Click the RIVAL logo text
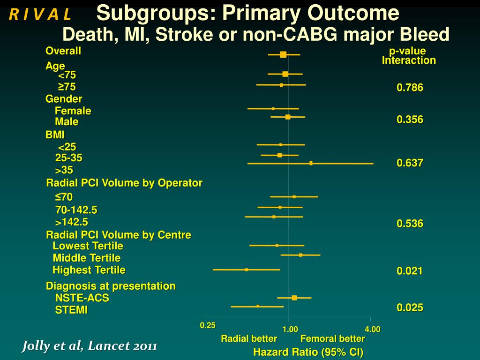pyautogui.click(x=40, y=15)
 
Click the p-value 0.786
pyautogui.click(x=410, y=88)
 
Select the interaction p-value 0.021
pyautogui.click(x=410, y=270)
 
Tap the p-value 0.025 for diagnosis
pyautogui.click(x=410, y=307)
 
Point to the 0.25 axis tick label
pyautogui.click(x=208, y=325)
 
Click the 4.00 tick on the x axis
pyautogui.click(x=373, y=330)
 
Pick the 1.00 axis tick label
pyautogui.click(x=290, y=330)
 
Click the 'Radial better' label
pyautogui.click(x=249, y=338)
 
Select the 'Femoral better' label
pyautogui.click(x=332, y=338)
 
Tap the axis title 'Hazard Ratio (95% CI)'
pyautogui.click(x=308, y=352)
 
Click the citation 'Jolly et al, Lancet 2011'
pyautogui.click(x=90, y=346)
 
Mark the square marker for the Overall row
pyautogui.click(x=283, y=54)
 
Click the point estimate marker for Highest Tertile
pyautogui.click(x=247, y=270)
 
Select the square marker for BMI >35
pyautogui.click(x=311, y=163)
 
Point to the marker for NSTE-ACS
pyautogui.click(x=294, y=298)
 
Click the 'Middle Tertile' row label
pyautogui.click(x=87, y=258)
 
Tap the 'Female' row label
pyautogui.click(x=73, y=111)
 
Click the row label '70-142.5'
pyautogui.click(x=76, y=210)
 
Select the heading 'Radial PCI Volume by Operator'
pyautogui.click(x=124, y=183)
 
